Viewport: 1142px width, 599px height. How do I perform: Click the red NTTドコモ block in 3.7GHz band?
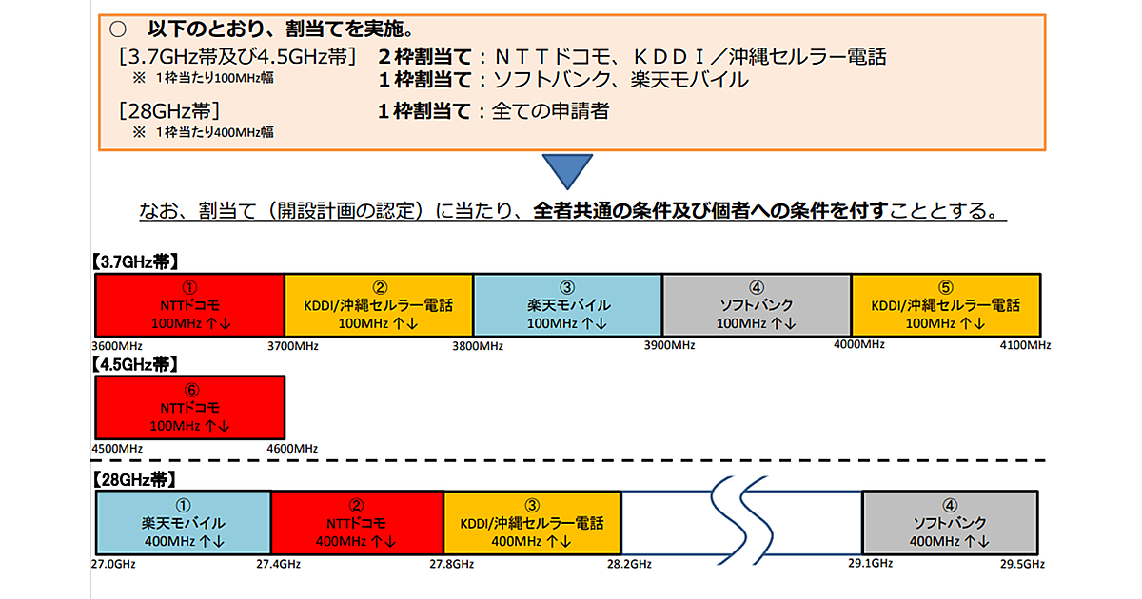click(189, 304)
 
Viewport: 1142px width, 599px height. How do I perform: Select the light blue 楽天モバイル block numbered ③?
click(567, 304)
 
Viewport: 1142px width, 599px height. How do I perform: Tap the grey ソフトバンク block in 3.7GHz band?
click(756, 304)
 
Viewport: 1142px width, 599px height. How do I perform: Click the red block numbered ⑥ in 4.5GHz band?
click(189, 407)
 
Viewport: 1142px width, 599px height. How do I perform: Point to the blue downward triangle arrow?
click(567, 170)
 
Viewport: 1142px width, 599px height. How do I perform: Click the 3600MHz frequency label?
click(115, 344)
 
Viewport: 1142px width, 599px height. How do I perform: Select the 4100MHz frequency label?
click(1024, 344)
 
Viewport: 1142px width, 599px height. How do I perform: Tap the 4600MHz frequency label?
click(292, 448)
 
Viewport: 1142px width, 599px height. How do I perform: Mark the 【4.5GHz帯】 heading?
click(135, 364)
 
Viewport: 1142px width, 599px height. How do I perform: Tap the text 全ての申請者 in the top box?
click(550, 110)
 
